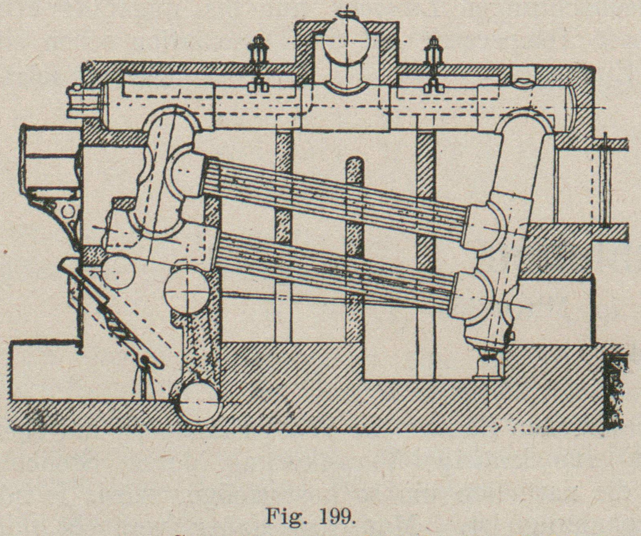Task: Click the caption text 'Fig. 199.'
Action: [310, 516]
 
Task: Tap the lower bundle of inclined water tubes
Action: [336, 264]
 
